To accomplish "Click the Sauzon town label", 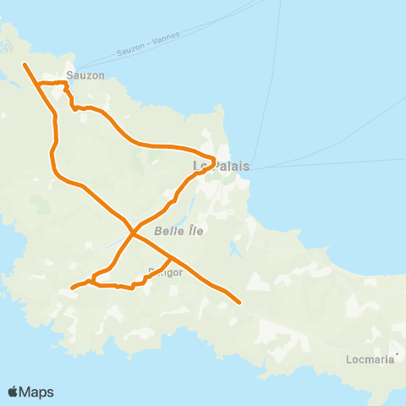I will [x=85, y=75].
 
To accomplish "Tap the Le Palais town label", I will [x=222, y=166].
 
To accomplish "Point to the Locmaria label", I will [x=370, y=359].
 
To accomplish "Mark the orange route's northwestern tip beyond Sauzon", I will [x=25, y=64].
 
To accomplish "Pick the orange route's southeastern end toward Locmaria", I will [x=240, y=302].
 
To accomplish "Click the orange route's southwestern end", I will [x=71, y=288].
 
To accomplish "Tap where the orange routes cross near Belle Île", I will [x=133, y=231].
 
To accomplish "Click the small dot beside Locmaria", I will [x=397, y=354].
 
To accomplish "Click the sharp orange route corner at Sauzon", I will [x=67, y=83].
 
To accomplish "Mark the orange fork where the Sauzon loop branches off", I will [x=40, y=84].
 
